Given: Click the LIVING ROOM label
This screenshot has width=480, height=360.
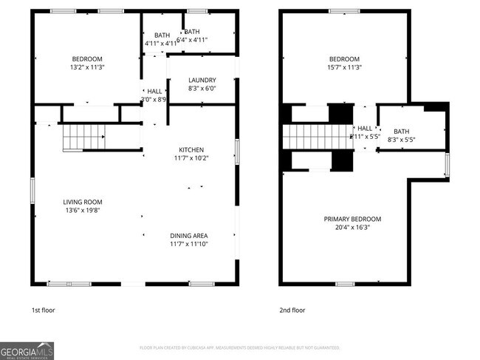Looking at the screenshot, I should point(82,202).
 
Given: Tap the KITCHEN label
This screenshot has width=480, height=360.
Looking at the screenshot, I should point(191,150).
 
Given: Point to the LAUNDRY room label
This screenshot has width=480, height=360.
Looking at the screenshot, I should point(202,81).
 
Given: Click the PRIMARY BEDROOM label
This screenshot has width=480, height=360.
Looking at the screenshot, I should point(352,220).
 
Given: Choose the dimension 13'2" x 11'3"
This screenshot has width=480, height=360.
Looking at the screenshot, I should point(86,67).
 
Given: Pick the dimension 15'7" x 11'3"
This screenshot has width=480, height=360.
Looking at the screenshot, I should point(344,67).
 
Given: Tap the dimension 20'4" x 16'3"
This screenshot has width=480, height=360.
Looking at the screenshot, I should point(352,228).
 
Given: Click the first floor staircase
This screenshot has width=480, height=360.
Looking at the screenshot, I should point(83,137).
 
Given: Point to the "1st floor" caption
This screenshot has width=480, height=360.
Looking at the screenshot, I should point(43,310).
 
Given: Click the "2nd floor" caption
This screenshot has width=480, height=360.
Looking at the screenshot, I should point(292,310).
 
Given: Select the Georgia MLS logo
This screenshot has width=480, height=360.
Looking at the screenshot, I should point(27,350).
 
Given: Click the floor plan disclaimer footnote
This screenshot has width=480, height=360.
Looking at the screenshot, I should point(239,347).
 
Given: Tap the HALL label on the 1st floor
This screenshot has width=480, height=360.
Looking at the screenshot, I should point(154,91).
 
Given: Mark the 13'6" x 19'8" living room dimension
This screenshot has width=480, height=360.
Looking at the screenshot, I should point(82,210).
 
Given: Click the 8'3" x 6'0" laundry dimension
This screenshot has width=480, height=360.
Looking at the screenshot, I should point(202,89).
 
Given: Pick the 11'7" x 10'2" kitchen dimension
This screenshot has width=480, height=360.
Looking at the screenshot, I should point(191,158).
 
